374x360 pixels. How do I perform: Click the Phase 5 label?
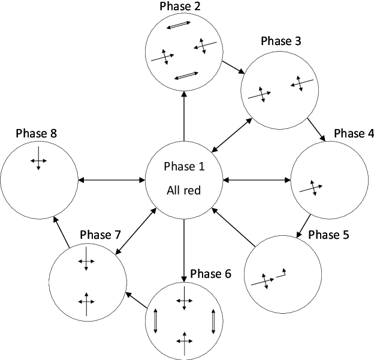(328, 235)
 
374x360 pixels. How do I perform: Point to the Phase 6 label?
(210, 274)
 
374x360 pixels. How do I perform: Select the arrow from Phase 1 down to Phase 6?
(183, 250)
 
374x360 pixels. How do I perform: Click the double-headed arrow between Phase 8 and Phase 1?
(112, 179)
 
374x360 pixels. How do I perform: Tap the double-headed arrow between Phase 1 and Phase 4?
(256, 179)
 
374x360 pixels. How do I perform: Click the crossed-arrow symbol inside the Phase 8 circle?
(38, 158)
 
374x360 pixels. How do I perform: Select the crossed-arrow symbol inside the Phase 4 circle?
(310, 187)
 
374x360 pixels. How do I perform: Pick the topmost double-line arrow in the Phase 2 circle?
(179, 26)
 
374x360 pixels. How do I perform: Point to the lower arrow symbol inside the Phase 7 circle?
(87, 302)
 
